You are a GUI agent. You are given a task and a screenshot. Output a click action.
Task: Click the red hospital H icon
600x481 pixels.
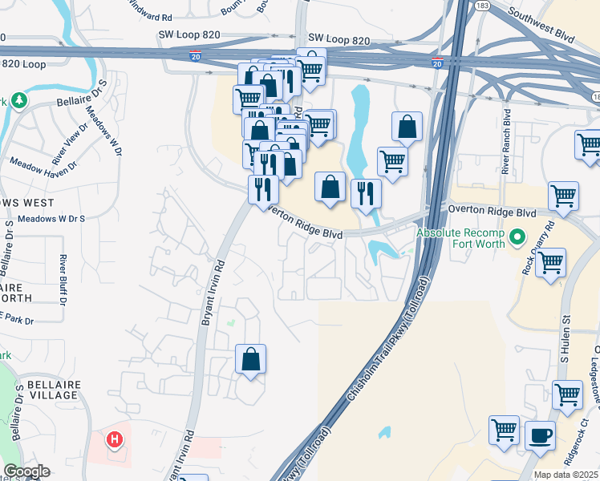pos(115,439)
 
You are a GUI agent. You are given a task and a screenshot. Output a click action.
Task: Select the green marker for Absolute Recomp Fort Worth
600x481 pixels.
pos(517,237)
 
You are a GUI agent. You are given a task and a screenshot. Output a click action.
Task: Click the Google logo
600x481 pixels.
pos(26,471)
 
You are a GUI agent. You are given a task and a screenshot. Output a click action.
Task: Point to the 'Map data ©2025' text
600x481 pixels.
pos(566,475)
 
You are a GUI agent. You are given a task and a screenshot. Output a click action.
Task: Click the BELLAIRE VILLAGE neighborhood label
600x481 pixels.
pos(54,391)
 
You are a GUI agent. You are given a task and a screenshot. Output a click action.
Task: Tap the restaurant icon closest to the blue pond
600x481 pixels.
pos(365,192)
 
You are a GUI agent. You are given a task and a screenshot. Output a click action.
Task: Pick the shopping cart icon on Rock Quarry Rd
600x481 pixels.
pos(550,262)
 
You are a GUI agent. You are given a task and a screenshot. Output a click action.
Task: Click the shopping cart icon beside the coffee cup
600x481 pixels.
pos(505,429)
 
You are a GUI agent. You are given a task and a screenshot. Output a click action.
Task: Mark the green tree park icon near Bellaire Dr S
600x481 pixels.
pos(17,100)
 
